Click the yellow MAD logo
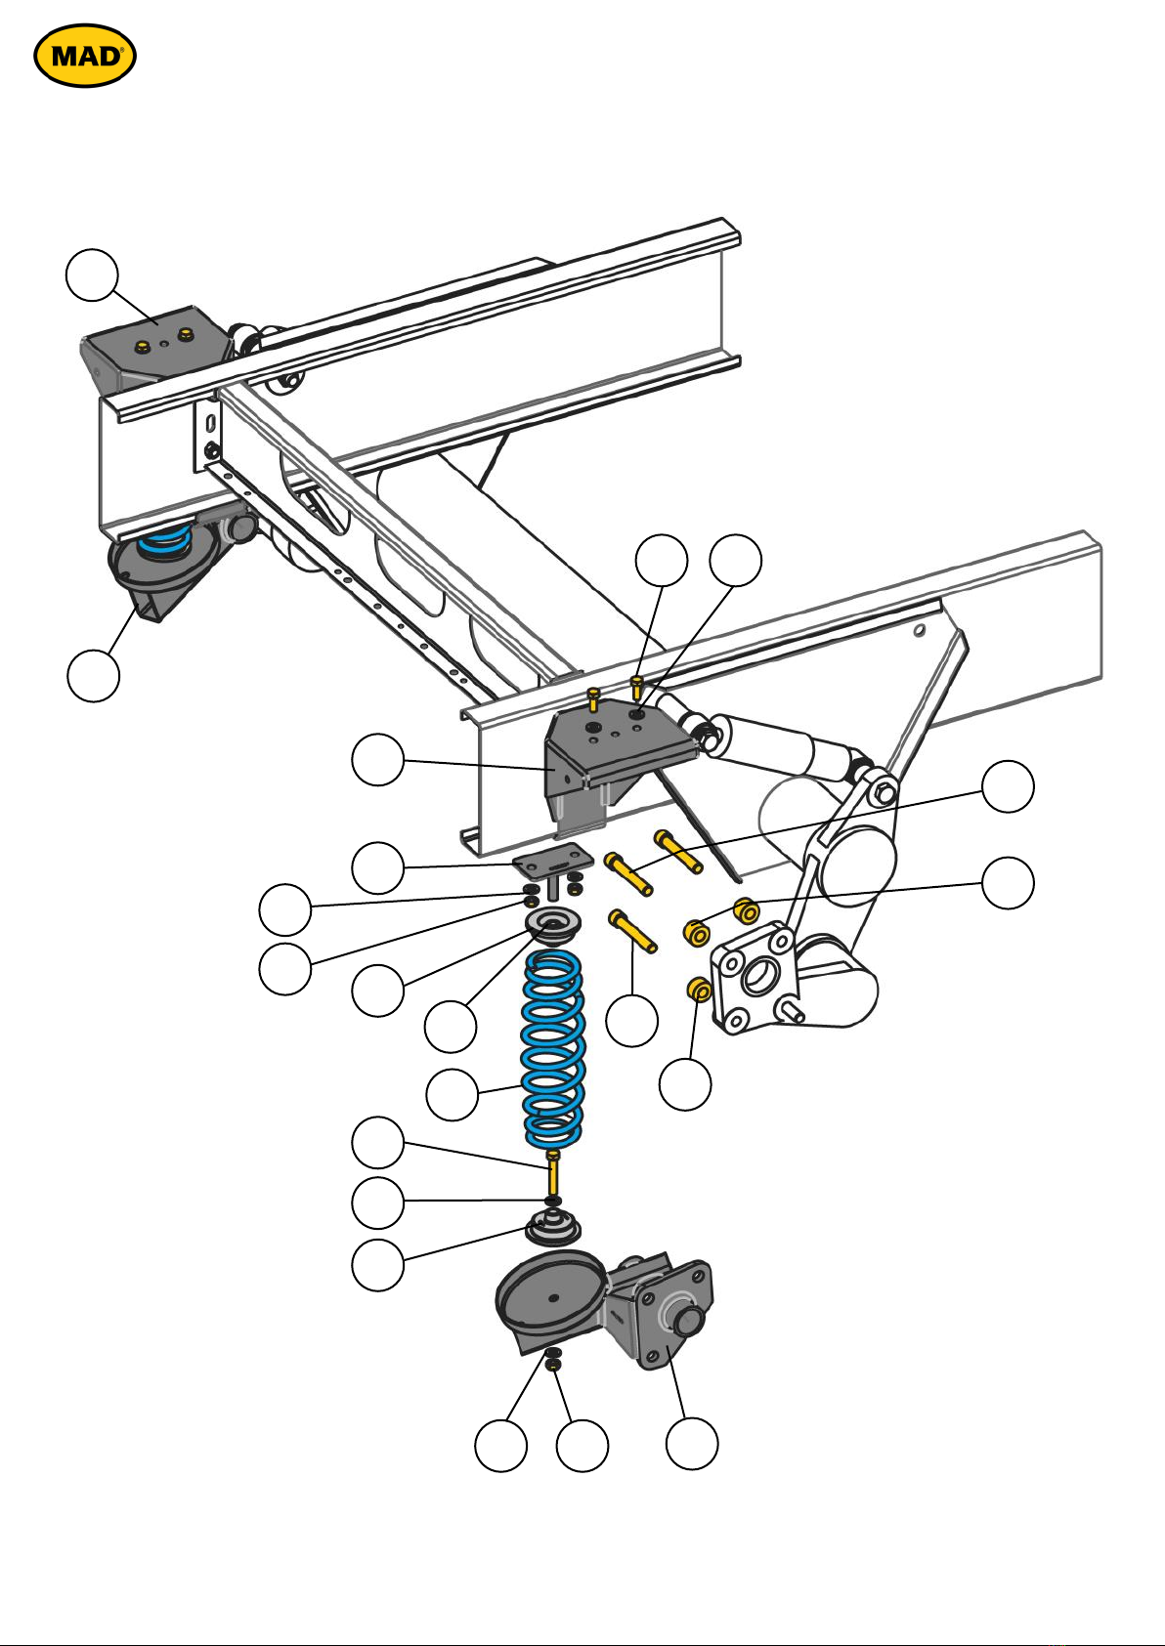84,55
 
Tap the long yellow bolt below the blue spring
553,1173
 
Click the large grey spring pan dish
550,1295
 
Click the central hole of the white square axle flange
757,978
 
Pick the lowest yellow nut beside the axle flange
698,990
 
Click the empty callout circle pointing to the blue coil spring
453,1095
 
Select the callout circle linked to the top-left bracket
92,274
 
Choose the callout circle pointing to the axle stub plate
692,1443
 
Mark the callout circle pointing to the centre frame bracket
378,759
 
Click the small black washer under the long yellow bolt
553,1200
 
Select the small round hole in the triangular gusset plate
919,630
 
